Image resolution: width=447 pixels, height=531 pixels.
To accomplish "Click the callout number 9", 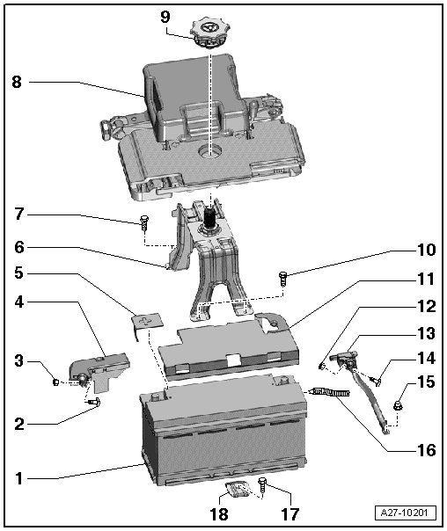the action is point(165,17).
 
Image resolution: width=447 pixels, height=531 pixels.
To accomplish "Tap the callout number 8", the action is point(17,82).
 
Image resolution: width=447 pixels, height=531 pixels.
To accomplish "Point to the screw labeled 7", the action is point(144,222).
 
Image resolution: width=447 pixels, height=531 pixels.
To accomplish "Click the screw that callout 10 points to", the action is point(283,279).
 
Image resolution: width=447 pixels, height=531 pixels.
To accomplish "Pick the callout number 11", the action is point(426,279).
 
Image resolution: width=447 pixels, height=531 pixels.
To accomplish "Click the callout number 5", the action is point(19,273).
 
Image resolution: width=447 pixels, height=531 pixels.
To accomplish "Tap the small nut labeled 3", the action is point(56,382).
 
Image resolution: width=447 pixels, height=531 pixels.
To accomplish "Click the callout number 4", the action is point(19,302).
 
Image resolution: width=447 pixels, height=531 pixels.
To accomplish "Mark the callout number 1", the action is point(19,479).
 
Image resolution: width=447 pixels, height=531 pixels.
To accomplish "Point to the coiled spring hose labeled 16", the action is point(331,392).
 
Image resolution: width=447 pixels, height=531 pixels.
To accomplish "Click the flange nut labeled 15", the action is point(398,405).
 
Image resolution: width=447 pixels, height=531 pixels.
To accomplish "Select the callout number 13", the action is point(426,333).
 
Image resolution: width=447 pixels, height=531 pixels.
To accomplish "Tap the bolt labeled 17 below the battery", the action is point(263,485).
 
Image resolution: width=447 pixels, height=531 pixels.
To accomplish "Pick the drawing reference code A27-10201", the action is point(406,513).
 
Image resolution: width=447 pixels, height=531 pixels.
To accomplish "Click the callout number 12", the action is point(426,307).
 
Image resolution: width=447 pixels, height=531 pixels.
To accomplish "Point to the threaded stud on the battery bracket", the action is point(209,219).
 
